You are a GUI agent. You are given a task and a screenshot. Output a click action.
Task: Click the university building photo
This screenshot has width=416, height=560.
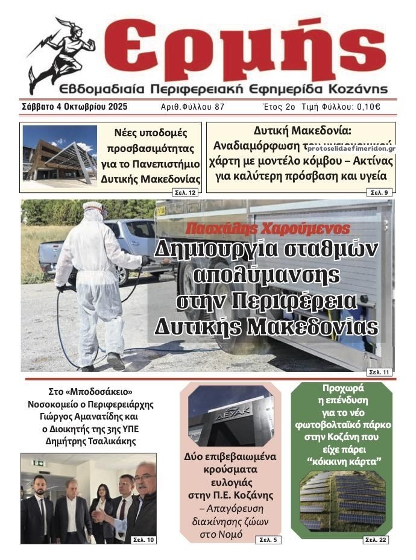click(x=60, y=156)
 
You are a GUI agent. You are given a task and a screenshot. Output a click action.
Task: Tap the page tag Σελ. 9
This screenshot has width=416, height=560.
click(x=380, y=192)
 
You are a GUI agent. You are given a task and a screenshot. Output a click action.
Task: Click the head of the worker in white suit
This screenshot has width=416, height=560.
click(x=93, y=212)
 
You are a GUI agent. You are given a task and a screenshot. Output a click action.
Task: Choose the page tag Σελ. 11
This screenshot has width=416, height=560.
click(x=379, y=372)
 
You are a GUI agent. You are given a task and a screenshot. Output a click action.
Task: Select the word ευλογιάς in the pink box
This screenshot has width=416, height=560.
click(x=230, y=482)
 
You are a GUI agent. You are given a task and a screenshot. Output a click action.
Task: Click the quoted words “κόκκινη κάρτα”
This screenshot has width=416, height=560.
click(x=341, y=461)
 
